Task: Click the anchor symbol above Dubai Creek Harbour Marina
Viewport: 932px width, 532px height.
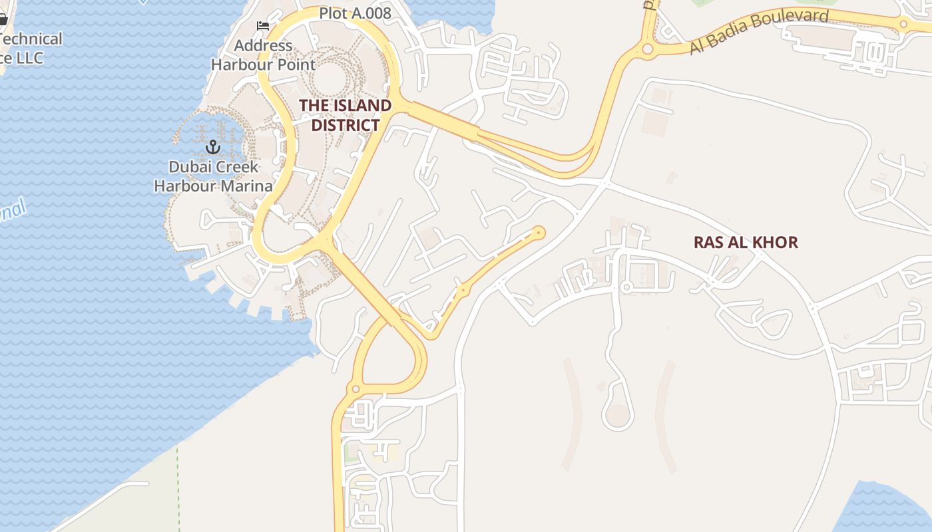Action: click(x=213, y=146)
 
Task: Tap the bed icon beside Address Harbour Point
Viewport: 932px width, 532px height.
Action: click(x=263, y=26)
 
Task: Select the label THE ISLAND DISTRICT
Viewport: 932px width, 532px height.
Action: click(x=345, y=115)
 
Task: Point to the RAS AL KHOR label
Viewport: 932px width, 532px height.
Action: click(x=746, y=242)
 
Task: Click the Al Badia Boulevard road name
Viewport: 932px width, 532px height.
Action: click(x=759, y=31)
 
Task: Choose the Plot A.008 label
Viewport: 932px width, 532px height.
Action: click(x=355, y=13)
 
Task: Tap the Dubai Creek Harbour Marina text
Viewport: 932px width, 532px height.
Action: click(x=213, y=176)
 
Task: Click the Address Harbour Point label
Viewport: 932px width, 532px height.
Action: click(x=263, y=55)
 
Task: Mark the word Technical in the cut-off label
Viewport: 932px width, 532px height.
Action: click(x=31, y=39)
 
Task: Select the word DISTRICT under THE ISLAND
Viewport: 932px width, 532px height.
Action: click(x=346, y=125)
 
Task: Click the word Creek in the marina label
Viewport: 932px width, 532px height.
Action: click(x=234, y=166)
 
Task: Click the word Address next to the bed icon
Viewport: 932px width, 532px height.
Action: click(x=263, y=45)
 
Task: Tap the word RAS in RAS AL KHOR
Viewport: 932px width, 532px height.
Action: click(x=708, y=242)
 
